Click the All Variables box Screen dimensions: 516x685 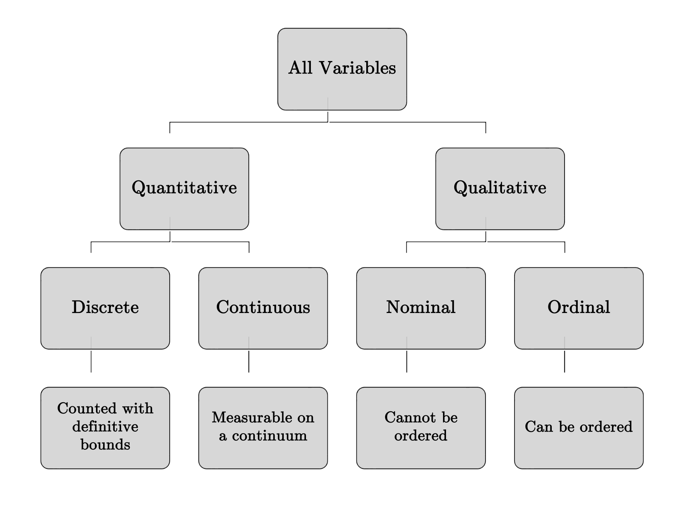pyautogui.click(x=342, y=69)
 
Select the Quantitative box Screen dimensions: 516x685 pyautogui.click(x=184, y=189)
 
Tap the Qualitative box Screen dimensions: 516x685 pyautogui.click(x=500, y=189)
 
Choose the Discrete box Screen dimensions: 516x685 pyautogui.click(x=105, y=308)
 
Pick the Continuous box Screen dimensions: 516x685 pyautogui.click(x=263, y=308)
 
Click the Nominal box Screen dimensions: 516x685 pyautogui.click(x=421, y=308)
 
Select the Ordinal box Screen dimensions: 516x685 pyautogui.click(x=579, y=308)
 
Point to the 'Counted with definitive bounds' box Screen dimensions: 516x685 pyautogui.click(x=105, y=428)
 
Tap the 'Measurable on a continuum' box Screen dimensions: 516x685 pyautogui.click(x=263, y=428)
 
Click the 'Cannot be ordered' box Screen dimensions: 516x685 pyautogui.click(x=421, y=428)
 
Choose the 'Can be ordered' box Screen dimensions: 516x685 pyautogui.click(x=579, y=428)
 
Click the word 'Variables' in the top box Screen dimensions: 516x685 pyautogui.click(x=358, y=68)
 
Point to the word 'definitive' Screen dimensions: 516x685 pyautogui.click(x=105, y=427)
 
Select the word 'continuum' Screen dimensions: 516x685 pyautogui.click(x=269, y=436)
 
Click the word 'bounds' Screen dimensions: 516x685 pyautogui.click(x=105, y=445)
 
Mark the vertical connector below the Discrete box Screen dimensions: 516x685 pyautogui.click(x=91, y=362)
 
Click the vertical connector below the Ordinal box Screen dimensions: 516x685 pyautogui.click(x=565, y=362)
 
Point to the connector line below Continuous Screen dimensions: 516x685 pyautogui.click(x=249, y=362)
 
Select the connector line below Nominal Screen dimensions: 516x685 pyautogui.click(x=407, y=362)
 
